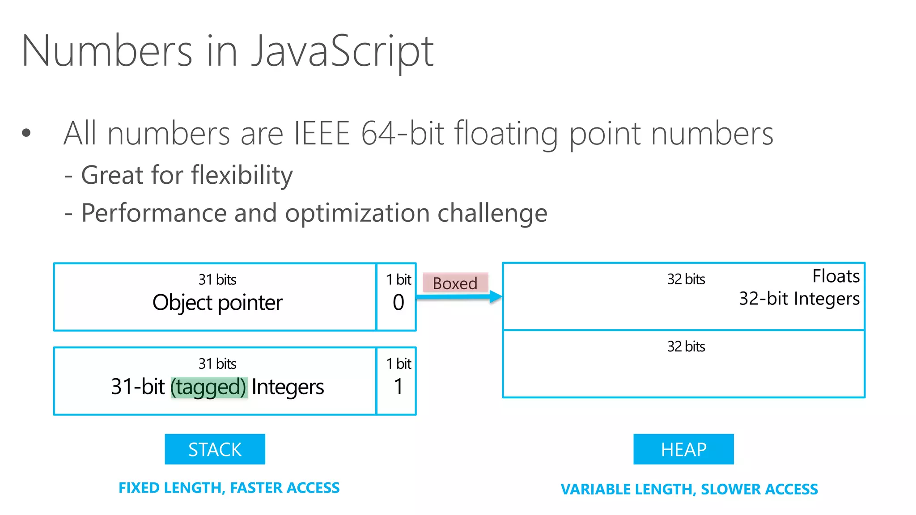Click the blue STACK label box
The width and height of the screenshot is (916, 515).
click(x=215, y=449)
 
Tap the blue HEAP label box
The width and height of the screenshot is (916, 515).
click(x=683, y=449)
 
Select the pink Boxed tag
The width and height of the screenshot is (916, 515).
click(x=455, y=283)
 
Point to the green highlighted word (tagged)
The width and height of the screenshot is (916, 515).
click(x=208, y=387)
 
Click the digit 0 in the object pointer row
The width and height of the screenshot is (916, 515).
click(x=398, y=303)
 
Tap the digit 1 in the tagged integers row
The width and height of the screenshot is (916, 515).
click(x=398, y=386)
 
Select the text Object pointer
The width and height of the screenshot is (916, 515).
click(x=217, y=303)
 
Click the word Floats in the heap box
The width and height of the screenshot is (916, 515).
click(x=835, y=276)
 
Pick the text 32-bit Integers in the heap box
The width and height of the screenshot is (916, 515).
click(x=799, y=299)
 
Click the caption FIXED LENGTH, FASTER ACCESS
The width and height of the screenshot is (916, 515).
click(x=229, y=488)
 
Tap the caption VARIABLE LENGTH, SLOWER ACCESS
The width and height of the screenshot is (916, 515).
click(x=689, y=489)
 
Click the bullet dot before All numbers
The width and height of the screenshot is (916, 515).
click(x=26, y=133)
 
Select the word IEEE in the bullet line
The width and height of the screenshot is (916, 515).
click(x=321, y=133)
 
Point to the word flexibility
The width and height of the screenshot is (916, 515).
click(x=242, y=175)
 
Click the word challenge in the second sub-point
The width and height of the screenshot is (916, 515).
click(x=492, y=213)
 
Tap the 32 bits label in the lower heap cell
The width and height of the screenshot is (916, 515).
click(x=686, y=346)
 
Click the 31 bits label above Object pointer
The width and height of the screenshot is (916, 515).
click(x=217, y=279)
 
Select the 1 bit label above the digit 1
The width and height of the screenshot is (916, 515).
click(x=398, y=363)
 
